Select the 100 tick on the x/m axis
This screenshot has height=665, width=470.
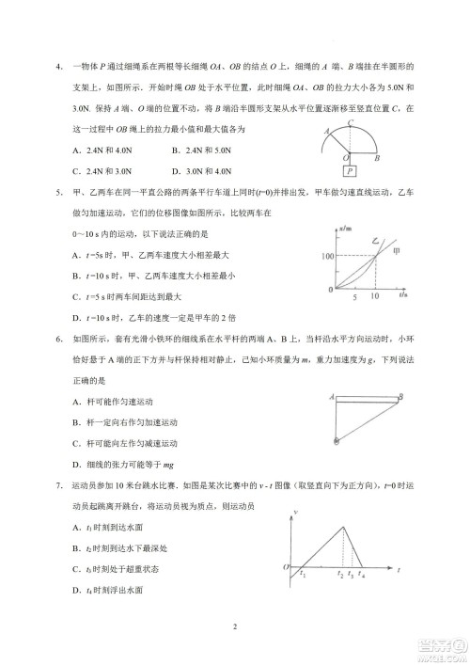coord(326,256)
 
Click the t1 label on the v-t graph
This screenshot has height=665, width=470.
coord(302,573)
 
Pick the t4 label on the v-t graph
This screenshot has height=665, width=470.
coord(363,573)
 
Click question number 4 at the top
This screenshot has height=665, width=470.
coord(58,65)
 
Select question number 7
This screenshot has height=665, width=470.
coord(58,490)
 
